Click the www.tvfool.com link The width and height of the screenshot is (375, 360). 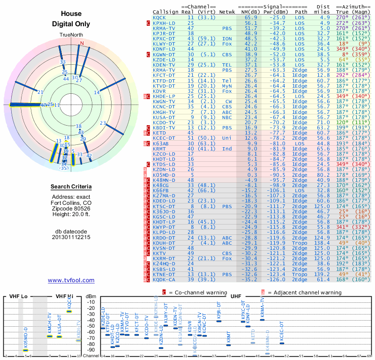click(x=71, y=280)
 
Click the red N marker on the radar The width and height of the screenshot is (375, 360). click(x=82, y=44)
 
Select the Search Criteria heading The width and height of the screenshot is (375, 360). click(x=71, y=187)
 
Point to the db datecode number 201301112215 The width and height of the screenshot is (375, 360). click(x=71, y=237)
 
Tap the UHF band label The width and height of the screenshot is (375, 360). click(x=237, y=296)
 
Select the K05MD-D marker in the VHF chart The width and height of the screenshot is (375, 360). click(x=26, y=350)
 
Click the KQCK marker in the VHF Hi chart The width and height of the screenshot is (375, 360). click(x=69, y=311)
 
